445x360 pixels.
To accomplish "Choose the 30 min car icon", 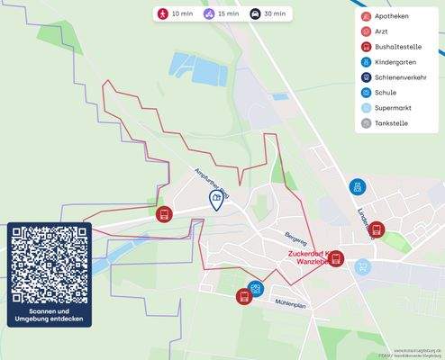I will [x=255, y=14].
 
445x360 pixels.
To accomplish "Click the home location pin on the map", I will [x=216, y=199].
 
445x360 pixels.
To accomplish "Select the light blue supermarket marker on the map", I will [x=362, y=266].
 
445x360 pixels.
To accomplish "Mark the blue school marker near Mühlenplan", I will [x=257, y=288].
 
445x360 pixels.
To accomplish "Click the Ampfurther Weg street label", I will [x=213, y=180].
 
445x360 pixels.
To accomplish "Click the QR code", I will [x=50, y=263].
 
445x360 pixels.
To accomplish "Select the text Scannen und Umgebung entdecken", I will [x=50, y=315].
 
